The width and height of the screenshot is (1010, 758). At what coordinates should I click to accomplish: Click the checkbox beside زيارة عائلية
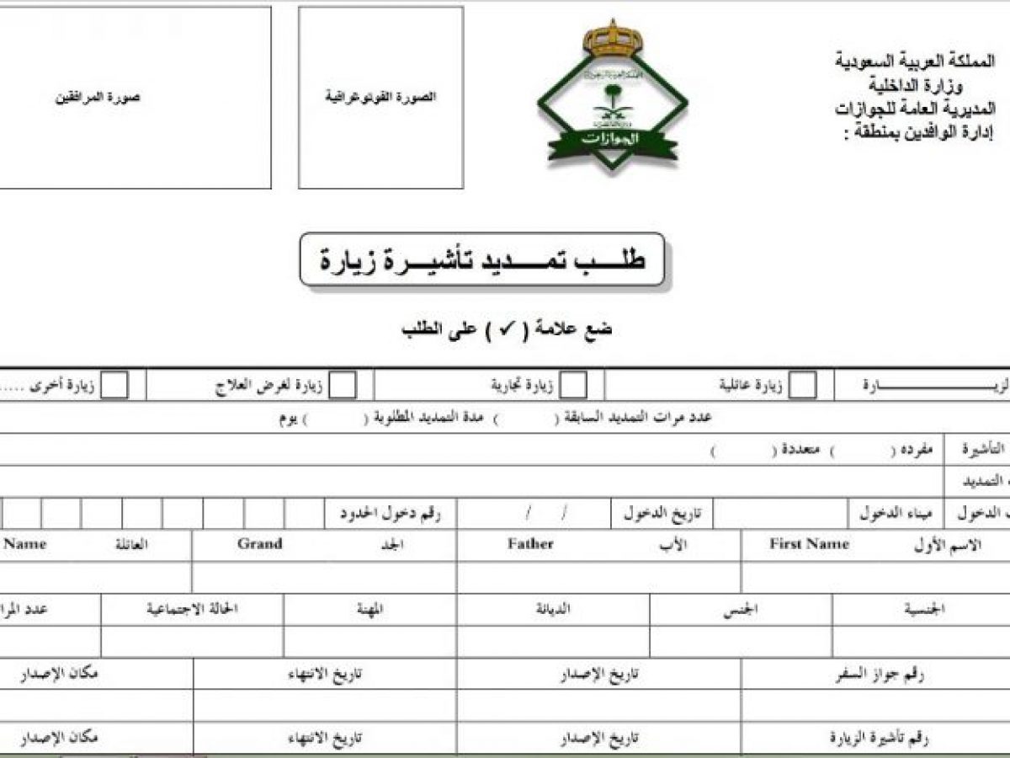point(803,385)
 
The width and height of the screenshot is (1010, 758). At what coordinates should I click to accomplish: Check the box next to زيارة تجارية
point(574,385)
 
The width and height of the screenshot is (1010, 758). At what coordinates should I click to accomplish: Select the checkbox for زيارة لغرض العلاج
point(343,385)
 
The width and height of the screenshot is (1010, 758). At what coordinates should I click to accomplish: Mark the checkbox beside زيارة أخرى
point(115,385)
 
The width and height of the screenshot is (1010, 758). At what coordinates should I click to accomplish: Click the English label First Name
point(809,544)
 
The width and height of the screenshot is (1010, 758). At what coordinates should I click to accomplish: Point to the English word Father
point(530,544)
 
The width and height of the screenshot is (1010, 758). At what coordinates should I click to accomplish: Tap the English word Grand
point(259,544)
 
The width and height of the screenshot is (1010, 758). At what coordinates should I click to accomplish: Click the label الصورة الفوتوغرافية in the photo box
point(381,97)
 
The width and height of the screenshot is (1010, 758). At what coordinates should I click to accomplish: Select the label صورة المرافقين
point(98,97)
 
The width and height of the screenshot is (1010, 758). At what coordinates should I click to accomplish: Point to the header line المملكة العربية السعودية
point(915,61)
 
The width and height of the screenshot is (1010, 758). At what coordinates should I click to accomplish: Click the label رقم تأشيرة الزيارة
point(883,739)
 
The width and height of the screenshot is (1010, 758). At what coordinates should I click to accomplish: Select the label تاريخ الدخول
point(656,512)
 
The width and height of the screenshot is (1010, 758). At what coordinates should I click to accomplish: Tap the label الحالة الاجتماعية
point(193,609)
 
